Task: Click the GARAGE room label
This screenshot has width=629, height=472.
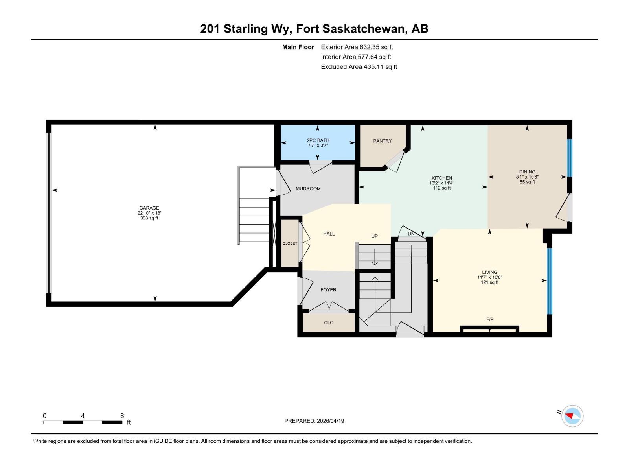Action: point(149,208)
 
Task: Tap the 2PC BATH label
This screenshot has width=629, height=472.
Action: point(318,140)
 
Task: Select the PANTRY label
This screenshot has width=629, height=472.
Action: point(382,141)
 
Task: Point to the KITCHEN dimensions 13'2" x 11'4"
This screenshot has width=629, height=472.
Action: point(441,183)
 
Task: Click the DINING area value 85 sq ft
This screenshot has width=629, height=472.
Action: point(527,182)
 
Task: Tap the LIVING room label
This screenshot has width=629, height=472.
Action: point(489,272)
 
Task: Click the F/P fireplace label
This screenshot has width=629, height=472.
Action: point(489,319)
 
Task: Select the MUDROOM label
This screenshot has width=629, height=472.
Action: point(308,189)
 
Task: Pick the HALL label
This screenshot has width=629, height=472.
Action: point(329,234)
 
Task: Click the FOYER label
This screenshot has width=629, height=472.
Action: point(328,290)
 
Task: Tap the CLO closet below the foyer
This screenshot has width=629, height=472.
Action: point(329,323)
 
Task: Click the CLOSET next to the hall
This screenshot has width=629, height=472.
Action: point(290,243)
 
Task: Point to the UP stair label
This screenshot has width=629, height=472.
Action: point(374,236)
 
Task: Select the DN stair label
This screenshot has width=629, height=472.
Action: point(411,234)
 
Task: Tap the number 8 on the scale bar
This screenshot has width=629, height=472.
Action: point(122,416)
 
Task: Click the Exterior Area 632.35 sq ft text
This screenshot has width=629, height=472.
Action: point(357,47)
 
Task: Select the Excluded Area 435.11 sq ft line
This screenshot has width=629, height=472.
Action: point(359,67)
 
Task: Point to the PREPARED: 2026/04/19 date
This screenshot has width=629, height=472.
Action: point(314,421)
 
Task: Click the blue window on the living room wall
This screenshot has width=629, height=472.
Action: point(550,281)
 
